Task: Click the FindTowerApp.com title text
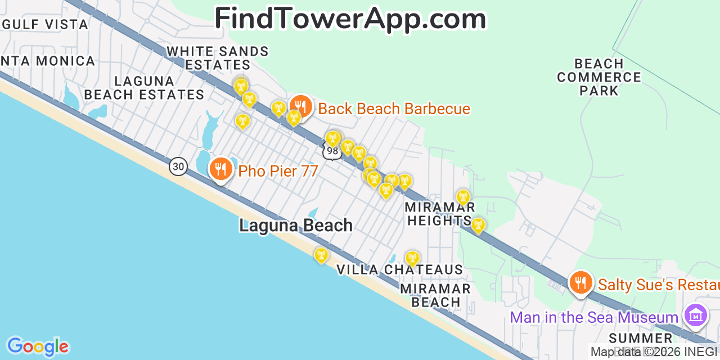[350, 19]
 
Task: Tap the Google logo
[38, 346]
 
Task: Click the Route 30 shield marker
[178, 166]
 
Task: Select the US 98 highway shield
[332, 151]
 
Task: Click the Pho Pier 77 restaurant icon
[220, 168]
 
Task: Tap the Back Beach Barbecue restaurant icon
[301, 106]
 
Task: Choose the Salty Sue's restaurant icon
[580, 282]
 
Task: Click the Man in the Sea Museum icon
[696, 316]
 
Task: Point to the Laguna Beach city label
[296, 226]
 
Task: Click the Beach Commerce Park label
[599, 77]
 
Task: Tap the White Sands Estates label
[218, 58]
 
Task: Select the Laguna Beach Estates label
[144, 88]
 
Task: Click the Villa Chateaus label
[399, 270]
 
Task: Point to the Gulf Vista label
[45, 24]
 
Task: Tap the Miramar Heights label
[439, 214]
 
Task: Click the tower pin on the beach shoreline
[321, 255]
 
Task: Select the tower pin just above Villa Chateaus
[412, 258]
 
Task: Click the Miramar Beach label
[435, 295]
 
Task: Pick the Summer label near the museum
[641, 338]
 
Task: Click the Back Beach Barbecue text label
[394, 109]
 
